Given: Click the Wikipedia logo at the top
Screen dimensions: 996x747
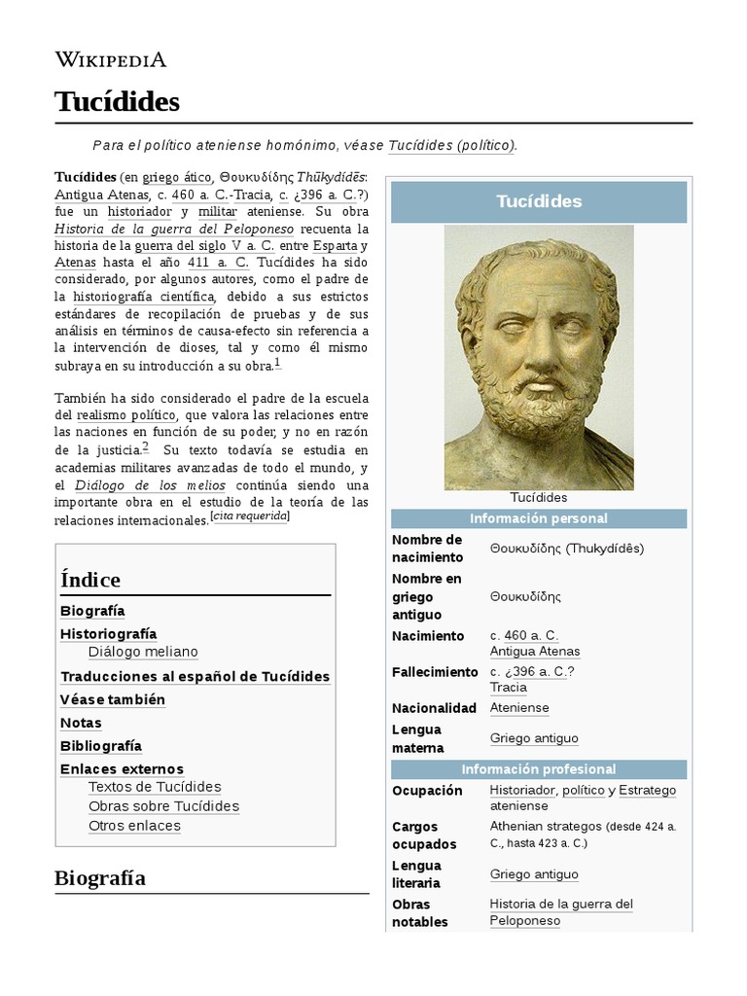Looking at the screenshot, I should tap(110, 60).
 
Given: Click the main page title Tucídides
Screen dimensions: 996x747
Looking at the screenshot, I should tap(117, 101).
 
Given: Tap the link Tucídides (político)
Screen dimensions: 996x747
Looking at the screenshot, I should tap(451, 145).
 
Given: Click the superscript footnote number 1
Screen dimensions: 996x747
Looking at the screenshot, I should tap(277, 363).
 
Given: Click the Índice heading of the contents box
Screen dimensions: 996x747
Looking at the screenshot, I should tap(90, 580).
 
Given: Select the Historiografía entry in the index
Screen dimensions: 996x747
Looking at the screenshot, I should tap(108, 633).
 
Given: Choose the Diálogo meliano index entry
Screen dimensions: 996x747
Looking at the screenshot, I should tap(142, 652).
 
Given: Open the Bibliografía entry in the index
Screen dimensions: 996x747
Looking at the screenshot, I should tap(101, 746).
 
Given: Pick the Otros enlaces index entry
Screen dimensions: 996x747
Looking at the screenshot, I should tap(134, 826).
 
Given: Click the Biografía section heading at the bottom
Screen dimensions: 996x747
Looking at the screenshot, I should tap(100, 878).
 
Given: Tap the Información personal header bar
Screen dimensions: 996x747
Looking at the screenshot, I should tap(538, 518).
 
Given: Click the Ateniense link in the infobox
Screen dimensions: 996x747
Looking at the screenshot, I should tap(519, 708).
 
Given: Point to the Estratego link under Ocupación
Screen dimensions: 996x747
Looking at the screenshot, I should tap(647, 791).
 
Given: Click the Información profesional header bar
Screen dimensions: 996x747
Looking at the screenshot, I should tap(538, 769).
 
